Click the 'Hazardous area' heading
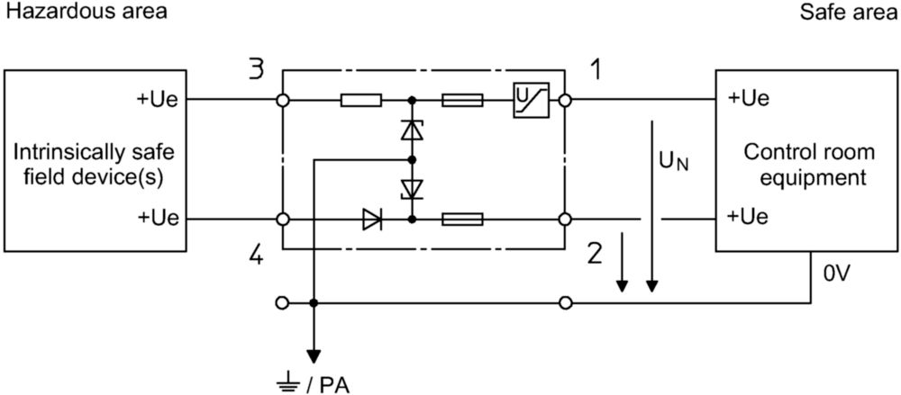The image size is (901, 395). click(x=85, y=12)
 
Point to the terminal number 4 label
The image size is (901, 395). click(x=256, y=255)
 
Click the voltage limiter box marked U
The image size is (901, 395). click(x=531, y=101)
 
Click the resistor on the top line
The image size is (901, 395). click(x=361, y=101)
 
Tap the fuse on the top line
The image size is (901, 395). click(x=462, y=101)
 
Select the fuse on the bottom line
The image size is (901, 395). click(x=462, y=220)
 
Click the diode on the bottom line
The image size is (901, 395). click(x=372, y=220)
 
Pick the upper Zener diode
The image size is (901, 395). click(x=412, y=130)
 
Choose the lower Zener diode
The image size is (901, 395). click(x=412, y=189)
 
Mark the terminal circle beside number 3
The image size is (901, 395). click(x=283, y=101)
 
